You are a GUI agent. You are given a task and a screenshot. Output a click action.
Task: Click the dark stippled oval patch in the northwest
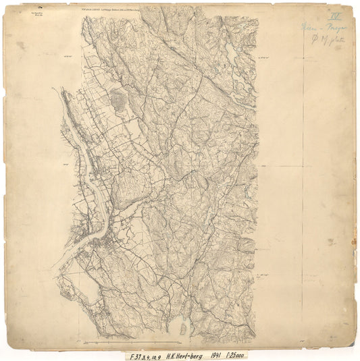[118, 102]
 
